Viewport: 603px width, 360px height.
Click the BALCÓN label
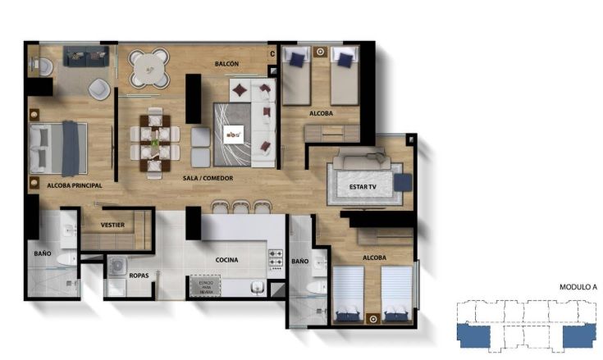click(226, 63)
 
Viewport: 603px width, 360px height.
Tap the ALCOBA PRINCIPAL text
click(65, 186)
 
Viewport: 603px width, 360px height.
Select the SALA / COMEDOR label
click(208, 177)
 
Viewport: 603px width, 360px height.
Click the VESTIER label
click(112, 224)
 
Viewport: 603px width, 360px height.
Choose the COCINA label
click(227, 260)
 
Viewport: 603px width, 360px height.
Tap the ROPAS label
click(139, 276)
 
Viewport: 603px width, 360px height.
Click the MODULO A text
click(578, 288)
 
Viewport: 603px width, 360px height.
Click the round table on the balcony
click(148, 66)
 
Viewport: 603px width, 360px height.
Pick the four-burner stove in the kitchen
click(276, 257)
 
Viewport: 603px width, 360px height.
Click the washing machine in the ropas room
click(117, 267)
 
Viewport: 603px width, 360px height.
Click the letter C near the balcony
click(272, 55)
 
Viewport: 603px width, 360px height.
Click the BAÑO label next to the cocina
click(299, 261)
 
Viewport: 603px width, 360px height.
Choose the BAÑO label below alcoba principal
click(43, 254)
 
